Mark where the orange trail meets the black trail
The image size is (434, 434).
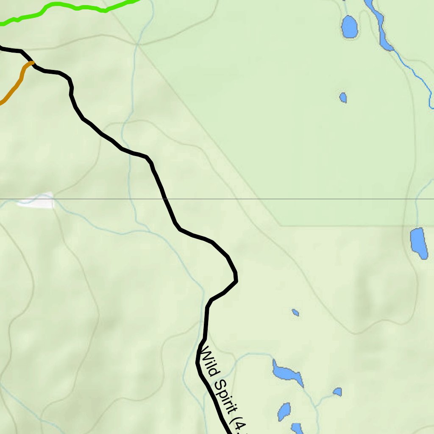click(x=32, y=63)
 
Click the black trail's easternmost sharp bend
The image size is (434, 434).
click(x=236, y=280)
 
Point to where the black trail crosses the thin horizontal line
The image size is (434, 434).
click(x=165, y=199)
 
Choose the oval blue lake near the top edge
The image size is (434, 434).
click(x=350, y=27)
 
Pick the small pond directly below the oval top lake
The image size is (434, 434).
click(x=343, y=97)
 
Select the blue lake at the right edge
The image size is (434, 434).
click(x=418, y=243)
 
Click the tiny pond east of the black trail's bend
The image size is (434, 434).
click(x=295, y=313)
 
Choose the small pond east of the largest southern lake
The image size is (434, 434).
click(x=337, y=392)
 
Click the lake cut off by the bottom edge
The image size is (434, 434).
click(x=297, y=428)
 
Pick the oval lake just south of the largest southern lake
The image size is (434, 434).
click(x=284, y=411)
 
